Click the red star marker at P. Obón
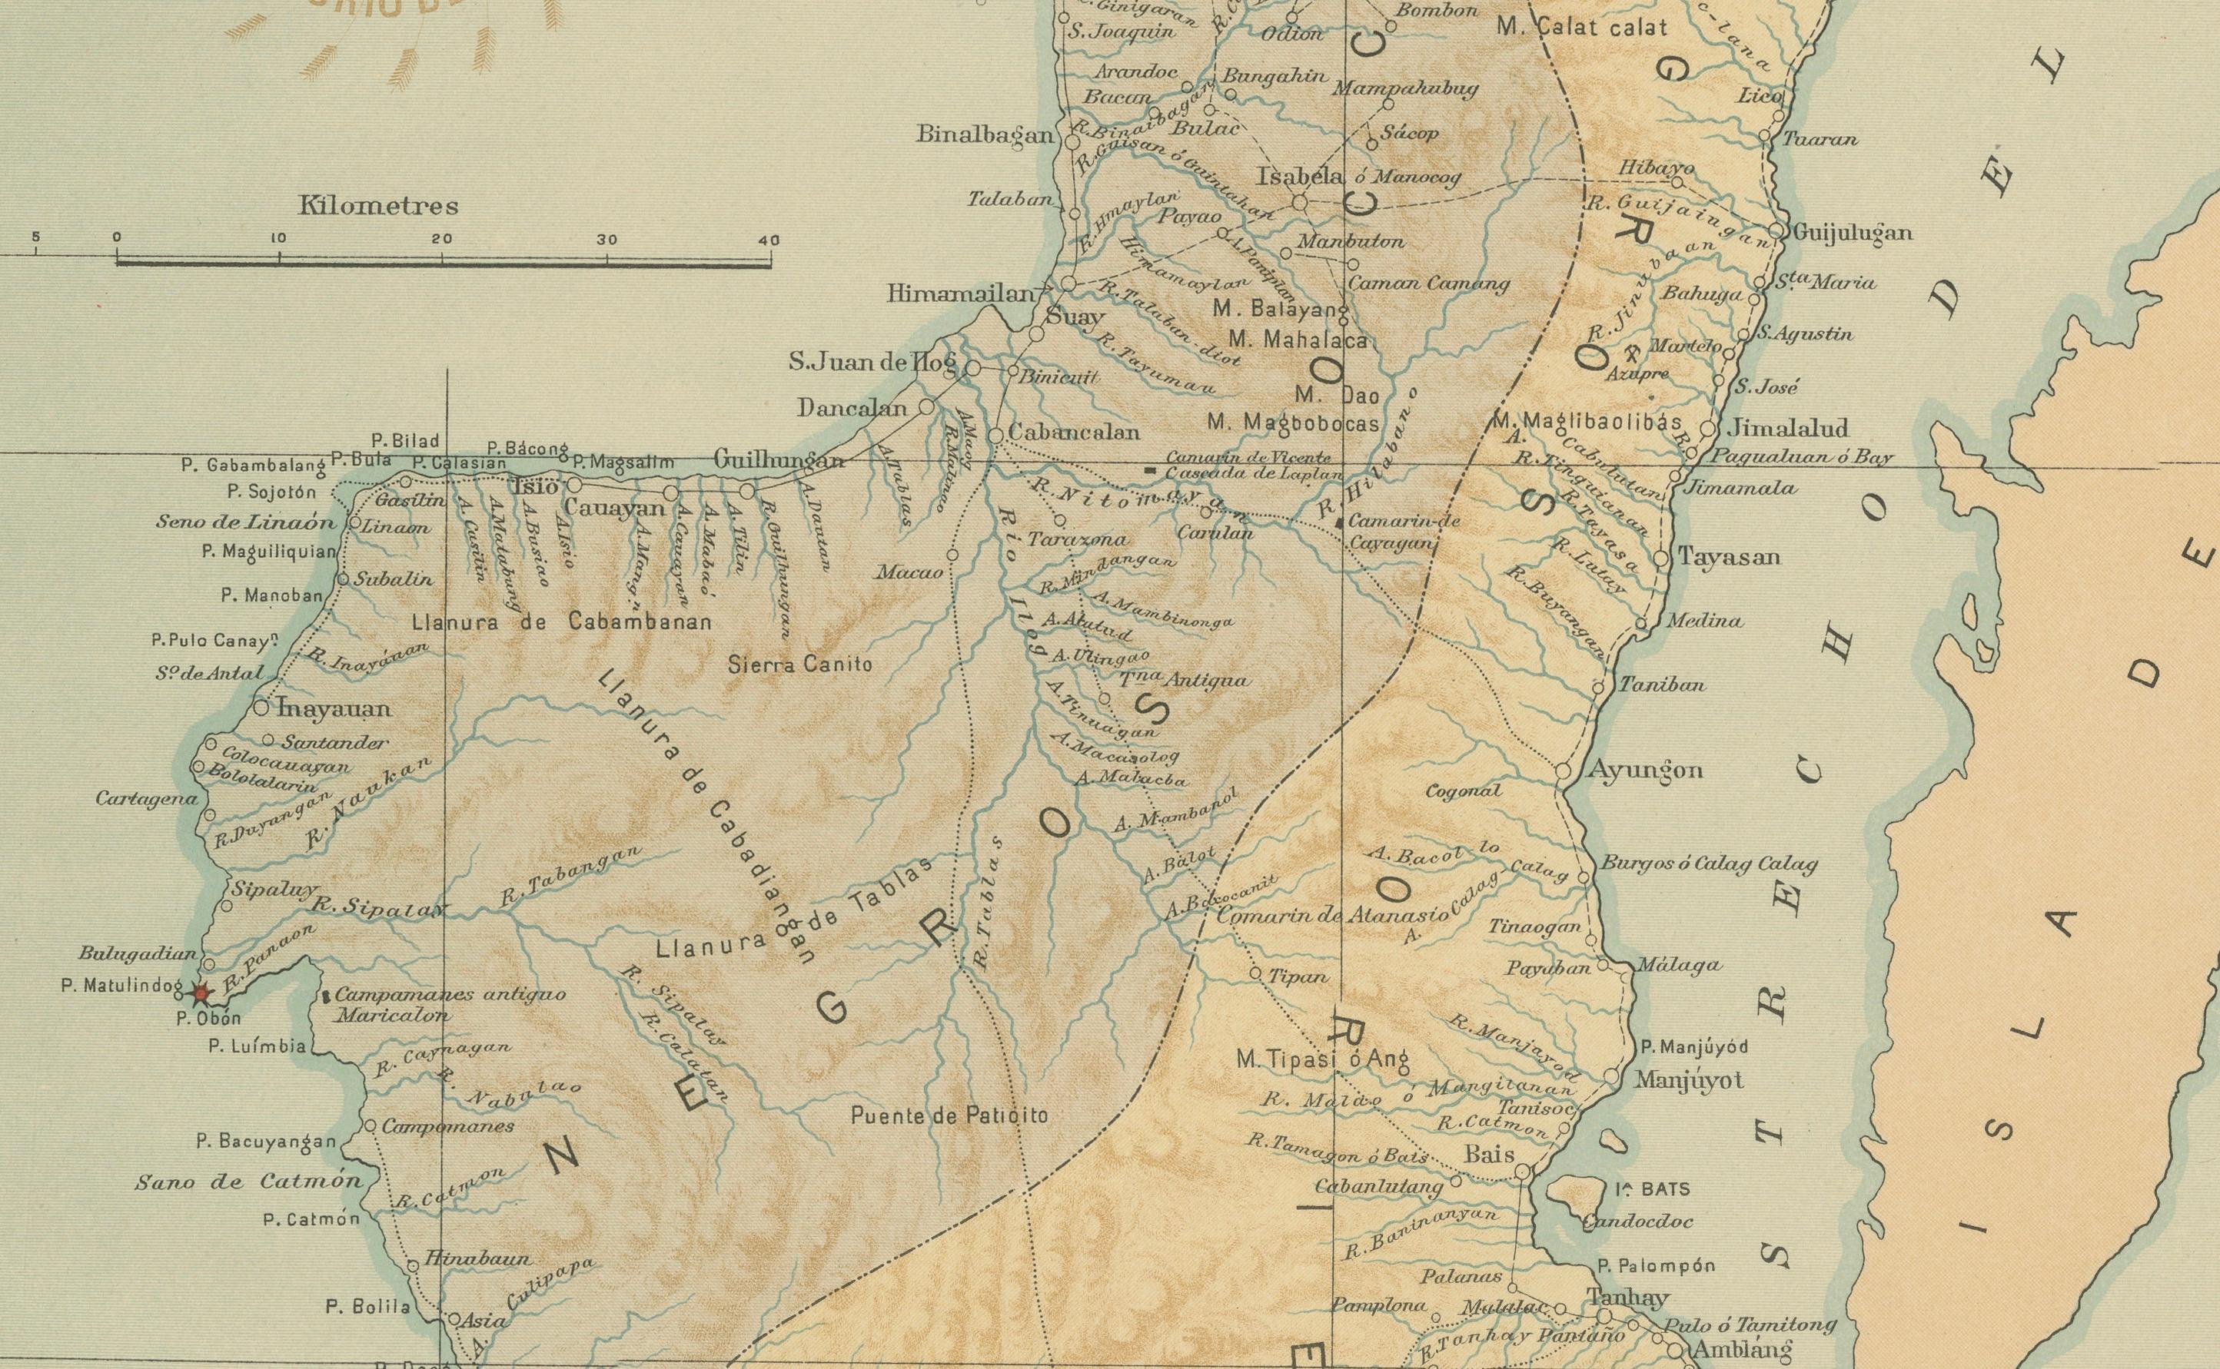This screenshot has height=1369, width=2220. [201, 993]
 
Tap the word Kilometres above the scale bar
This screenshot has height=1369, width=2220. [379, 207]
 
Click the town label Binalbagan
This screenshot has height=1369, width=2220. [985, 136]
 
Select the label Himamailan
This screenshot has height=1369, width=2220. [960, 293]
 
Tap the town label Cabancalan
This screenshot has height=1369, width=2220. [1073, 433]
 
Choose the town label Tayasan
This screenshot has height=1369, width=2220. [1729, 557]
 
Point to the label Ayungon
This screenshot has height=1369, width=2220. [1647, 771]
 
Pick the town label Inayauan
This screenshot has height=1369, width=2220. [335, 709]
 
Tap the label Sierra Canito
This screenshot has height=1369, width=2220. [801, 665]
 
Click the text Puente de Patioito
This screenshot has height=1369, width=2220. [949, 1115]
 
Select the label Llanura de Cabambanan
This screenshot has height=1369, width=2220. [562, 623]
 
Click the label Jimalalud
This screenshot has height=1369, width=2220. [1787, 427]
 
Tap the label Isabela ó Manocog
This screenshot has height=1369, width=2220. [1358, 178]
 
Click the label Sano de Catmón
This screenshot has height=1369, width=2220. [249, 1182]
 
